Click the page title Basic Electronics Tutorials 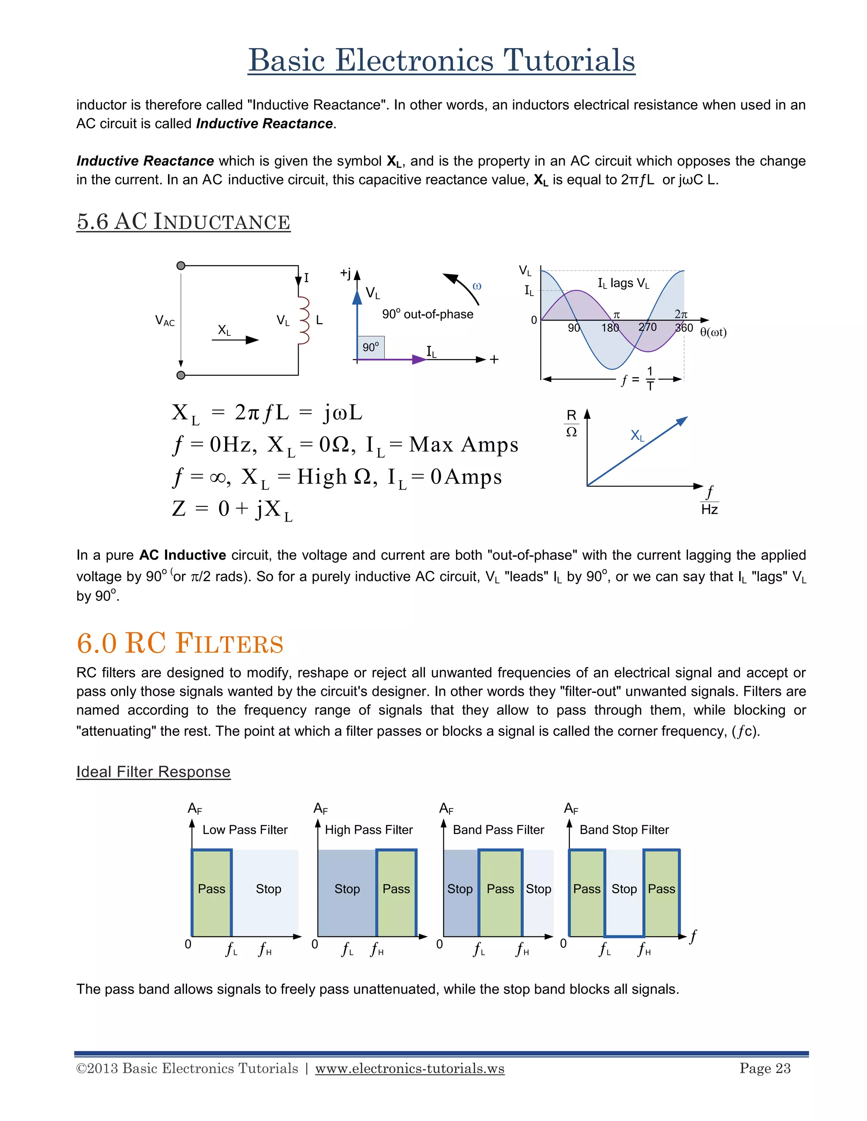click(x=441, y=60)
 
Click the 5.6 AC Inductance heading click(x=183, y=222)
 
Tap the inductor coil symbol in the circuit click(x=304, y=320)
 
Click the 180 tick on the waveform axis click(x=610, y=327)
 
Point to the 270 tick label click(x=647, y=327)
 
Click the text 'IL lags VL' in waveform click(x=623, y=283)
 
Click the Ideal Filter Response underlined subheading click(x=153, y=772)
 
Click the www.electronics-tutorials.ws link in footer click(x=409, y=1069)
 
